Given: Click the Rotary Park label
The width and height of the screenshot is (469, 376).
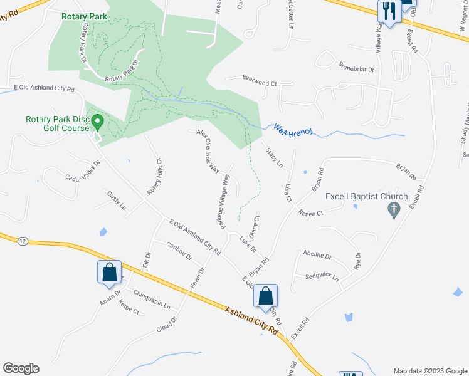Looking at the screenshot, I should coord(85,16).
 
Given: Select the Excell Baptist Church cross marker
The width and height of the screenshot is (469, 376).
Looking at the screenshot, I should coord(394,210).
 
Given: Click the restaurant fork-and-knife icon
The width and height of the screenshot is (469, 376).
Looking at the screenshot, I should coord(389,11).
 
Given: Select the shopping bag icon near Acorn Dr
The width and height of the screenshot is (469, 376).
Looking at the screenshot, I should coord(110,272).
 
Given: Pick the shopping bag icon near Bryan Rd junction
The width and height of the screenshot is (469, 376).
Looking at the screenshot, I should coord(266,296).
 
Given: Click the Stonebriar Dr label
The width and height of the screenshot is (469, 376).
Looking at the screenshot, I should coord(356,66).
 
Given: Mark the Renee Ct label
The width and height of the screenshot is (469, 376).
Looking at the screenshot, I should coord(310,213).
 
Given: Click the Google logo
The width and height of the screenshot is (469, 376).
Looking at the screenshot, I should coord(21,368).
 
